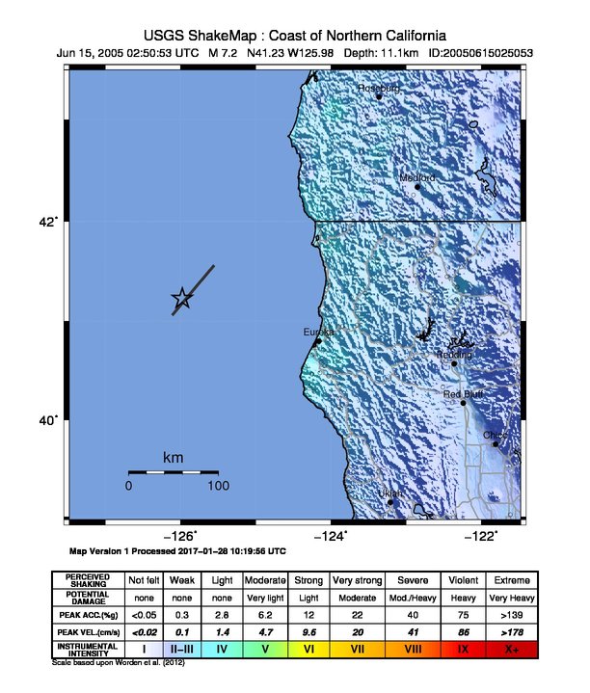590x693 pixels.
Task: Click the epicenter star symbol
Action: coord(181,300)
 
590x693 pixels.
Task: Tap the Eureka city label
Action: coord(318,333)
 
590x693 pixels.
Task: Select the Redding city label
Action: coord(455,356)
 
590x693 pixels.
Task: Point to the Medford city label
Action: coord(417,178)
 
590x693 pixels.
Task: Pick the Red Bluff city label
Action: coord(463,394)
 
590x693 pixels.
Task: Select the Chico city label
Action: coord(496,436)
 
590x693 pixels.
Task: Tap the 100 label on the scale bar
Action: coord(218,486)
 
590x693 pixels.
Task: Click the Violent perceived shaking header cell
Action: coord(464,580)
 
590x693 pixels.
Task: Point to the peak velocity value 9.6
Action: coord(308,631)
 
